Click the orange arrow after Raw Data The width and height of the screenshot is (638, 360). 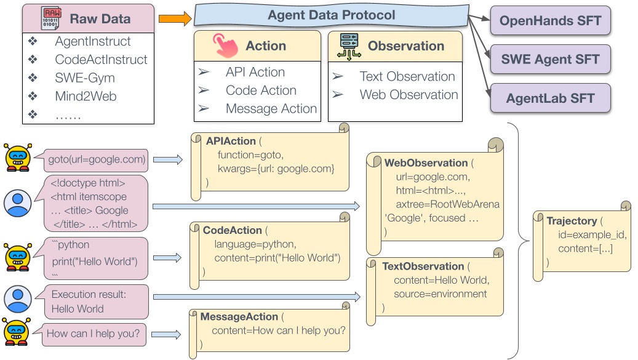pos(175,19)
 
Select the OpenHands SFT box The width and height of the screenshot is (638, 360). pos(550,21)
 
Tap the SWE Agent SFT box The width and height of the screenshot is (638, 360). pos(550,60)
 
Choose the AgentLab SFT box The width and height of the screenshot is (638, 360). pos(550,98)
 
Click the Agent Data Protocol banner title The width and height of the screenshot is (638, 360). pos(331,15)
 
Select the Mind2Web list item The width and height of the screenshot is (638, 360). pos(86,96)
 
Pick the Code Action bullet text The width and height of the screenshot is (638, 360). pos(261,90)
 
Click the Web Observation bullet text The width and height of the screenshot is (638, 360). pos(409,95)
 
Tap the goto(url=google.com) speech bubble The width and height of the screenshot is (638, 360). pos(97,160)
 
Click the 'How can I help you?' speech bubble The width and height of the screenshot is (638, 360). pos(93,334)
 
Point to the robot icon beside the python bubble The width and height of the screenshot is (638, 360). pos(17,257)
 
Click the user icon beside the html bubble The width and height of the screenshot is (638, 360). pos(17,203)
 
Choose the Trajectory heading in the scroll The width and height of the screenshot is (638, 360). pos(572,221)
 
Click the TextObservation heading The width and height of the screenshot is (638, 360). pos(423,266)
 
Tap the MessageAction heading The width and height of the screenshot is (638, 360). pos(239,316)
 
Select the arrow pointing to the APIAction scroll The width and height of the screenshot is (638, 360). pos(167,160)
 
